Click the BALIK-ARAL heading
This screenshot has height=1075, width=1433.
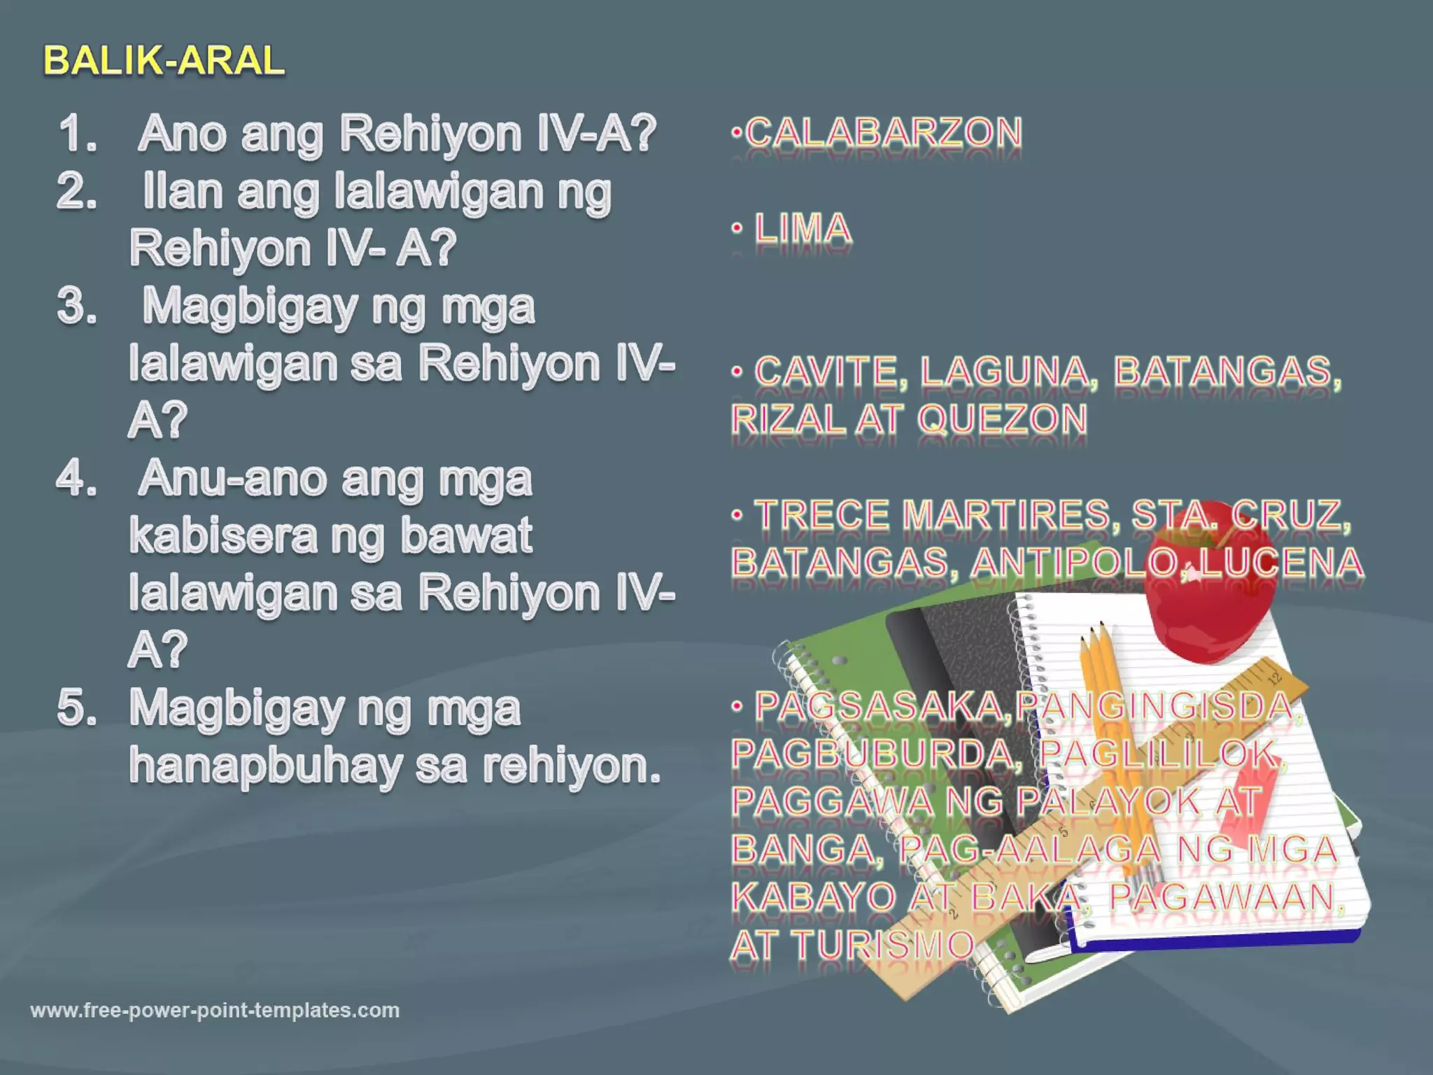[x=164, y=60]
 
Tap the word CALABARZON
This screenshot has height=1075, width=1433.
[x=884, y=132]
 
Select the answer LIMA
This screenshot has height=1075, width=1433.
[x=803, y=229]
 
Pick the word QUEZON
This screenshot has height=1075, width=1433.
[x=1002, y=419]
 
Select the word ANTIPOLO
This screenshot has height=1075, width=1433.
[x=1075, y=563]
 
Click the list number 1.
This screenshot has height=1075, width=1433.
[x=76, y=133]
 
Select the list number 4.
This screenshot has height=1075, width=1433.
[x=76, y=479]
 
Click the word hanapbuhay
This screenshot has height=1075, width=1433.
[x=266, y=766]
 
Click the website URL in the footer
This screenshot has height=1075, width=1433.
[x=215, y=1010]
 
